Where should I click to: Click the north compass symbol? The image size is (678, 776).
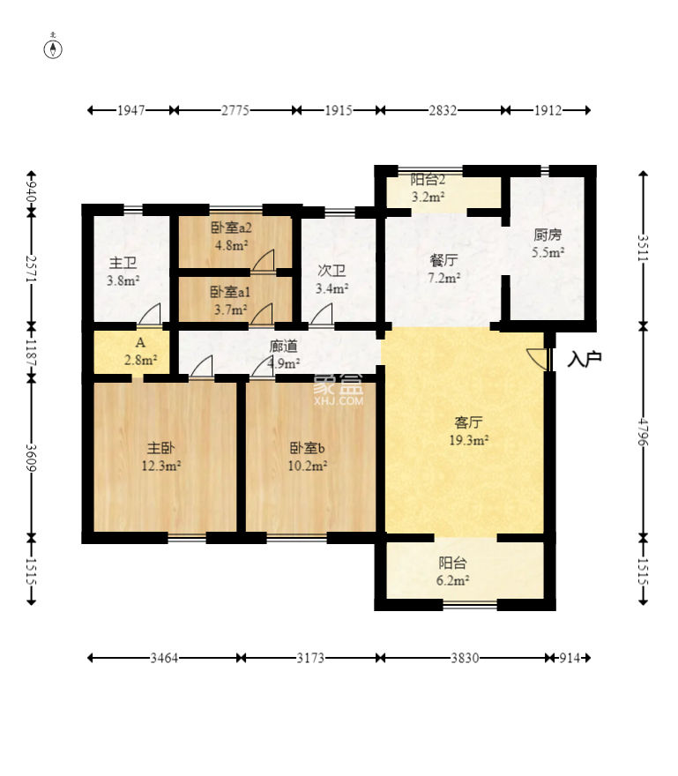(x=53, y=47)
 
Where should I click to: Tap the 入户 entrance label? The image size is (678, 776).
(x=585, y=359)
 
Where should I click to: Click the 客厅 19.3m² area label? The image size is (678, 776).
(x=469, y=431)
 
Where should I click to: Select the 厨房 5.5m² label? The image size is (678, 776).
(x=548, y=243)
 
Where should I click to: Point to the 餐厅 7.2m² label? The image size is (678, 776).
(x=443, y=269)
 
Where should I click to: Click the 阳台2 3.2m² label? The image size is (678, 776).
(x=428, y=188)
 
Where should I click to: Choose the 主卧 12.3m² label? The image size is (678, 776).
(x=160, y=457)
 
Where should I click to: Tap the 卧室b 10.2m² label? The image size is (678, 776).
(x=308, y=457)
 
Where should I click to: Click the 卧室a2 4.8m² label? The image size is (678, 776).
(x=232, y=236)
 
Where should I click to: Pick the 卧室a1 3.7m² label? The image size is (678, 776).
(x=231, y=301)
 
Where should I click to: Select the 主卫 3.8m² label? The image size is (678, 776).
(x=123, y=272)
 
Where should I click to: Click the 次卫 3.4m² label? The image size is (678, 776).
(x=332, y=280)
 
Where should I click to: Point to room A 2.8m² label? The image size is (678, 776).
(x=140, y=351)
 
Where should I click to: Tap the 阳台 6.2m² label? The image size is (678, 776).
(x=453, y=571)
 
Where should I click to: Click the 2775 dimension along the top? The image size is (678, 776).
(x=235, y=110)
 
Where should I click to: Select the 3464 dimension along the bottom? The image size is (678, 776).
(x=164, y=658)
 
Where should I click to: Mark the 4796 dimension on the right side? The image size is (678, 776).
(x=643, y=431)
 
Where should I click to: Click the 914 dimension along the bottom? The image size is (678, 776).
(x=570, y=658)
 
